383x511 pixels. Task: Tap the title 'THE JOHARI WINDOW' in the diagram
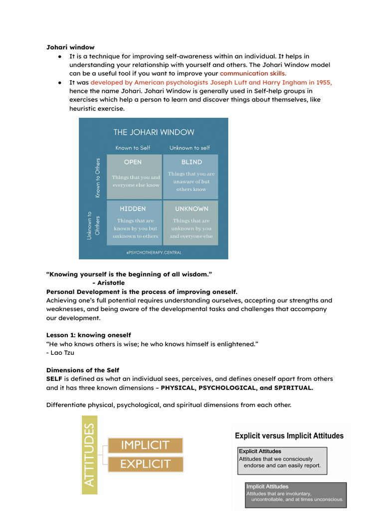point(154,132)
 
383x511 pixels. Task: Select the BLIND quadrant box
point(191,177)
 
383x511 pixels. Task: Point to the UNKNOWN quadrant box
point(191,223)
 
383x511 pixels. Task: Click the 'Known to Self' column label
point(133,148)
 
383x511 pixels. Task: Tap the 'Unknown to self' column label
point(190,148)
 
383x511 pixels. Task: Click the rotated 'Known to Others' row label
point(98,178)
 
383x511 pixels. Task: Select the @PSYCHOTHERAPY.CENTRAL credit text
point(154,253)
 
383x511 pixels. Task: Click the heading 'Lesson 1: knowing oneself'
point(89,335)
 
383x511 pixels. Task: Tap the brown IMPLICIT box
point(145,445)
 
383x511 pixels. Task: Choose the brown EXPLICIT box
point(145,464)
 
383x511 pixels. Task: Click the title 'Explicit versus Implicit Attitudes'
point(289,436)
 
